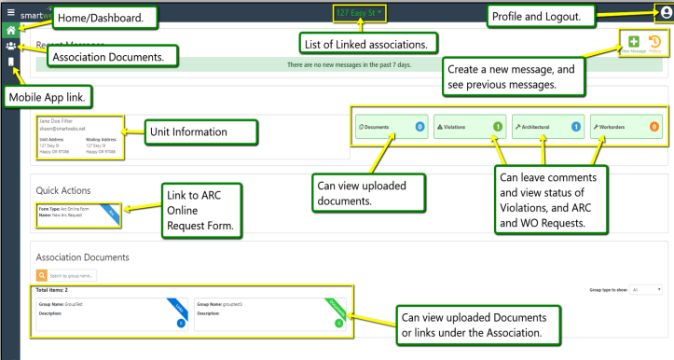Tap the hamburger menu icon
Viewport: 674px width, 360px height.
coord(9,7)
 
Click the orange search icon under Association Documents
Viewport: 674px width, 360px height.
coord(42,274)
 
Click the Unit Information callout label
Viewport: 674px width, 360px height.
coord(199,133)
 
